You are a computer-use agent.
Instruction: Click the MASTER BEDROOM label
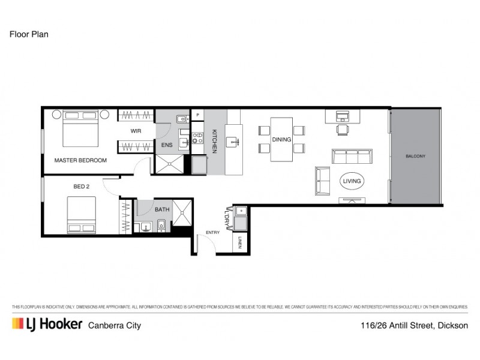(80, 160)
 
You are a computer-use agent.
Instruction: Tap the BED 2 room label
(81, 187)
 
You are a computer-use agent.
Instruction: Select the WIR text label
(136, 131)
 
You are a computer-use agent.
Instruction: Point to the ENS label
(166, 145)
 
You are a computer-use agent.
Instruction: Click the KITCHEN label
(214, 142)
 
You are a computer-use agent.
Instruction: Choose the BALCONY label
(415, 156)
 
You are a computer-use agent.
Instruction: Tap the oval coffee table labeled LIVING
(352, 181)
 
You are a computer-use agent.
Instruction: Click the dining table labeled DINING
(281, 139)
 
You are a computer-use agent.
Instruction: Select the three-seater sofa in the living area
(352, 157)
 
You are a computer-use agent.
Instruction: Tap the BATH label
(162, 210)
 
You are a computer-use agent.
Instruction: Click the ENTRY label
(212, 232)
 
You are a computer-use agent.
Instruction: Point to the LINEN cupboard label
(239, 243)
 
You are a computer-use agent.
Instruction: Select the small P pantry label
(198, 114)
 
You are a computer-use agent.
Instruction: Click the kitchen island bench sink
(233, 142)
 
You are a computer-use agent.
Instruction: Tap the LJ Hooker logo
(47, 325)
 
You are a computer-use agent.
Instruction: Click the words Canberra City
(115, 326)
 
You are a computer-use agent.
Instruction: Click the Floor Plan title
(29, 34)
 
